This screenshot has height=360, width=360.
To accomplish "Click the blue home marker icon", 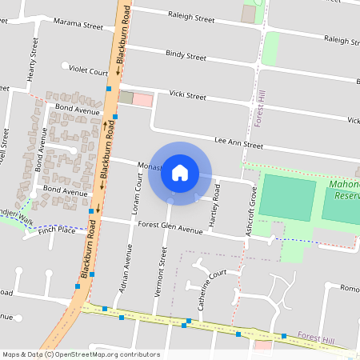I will tap(180, 173).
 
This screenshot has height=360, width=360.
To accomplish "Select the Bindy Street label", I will tap(186, 56).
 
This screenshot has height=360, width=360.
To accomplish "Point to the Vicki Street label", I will tap(187, 96).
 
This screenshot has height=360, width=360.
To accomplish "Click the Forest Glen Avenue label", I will tap(170, 228).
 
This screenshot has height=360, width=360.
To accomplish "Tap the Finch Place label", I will tap(56, 230).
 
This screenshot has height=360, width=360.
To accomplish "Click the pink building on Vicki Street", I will tap(142, 99).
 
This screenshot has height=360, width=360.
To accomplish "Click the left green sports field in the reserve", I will tap(287, 198).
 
